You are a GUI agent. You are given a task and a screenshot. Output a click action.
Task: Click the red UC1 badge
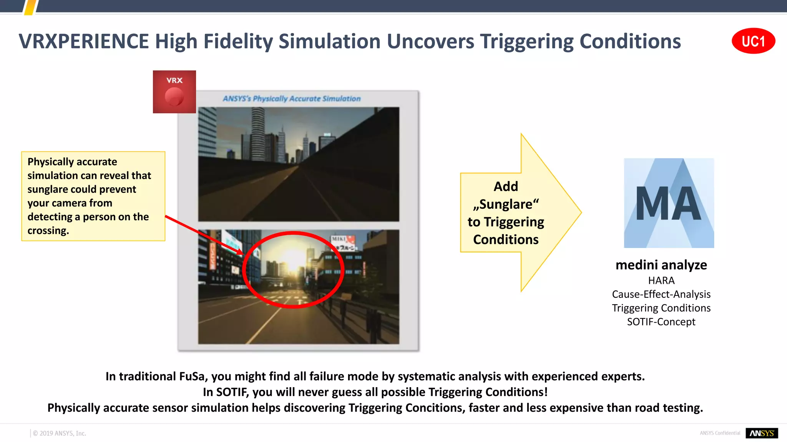753,41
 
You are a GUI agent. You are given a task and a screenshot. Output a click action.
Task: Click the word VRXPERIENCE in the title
83,41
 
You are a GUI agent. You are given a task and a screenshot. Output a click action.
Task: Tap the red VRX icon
174,92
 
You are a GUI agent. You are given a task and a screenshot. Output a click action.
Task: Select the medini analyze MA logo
669,203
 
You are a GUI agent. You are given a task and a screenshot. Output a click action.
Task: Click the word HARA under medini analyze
661,280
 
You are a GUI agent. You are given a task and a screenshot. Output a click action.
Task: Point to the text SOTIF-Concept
661,322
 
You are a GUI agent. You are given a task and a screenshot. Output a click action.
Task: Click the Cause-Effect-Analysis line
661,294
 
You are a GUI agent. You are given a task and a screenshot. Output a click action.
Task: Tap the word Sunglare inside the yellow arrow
506,204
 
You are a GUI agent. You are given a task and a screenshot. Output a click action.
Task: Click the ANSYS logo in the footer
761,433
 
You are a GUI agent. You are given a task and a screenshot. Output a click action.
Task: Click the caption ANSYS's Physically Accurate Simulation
292,99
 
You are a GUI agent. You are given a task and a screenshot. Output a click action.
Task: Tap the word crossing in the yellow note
48,231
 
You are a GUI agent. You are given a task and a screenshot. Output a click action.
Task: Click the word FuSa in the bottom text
192,376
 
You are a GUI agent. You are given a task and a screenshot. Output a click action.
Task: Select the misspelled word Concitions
434,407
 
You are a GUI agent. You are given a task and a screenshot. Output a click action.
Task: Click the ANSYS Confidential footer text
720,433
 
